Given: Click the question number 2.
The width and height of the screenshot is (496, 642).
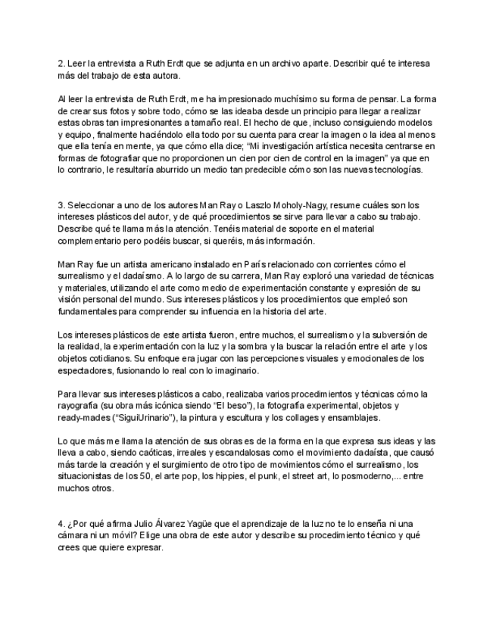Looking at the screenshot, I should pyautogui.click(x=61, y=64).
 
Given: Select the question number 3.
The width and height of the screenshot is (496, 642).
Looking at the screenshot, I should pyautogui.click(x=61, y=205).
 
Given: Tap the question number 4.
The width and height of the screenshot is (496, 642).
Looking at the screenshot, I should pyautogui.click(x=61, y=524).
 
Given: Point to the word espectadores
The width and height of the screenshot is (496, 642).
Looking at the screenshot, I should pyautogui.click(x=87, y=371).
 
